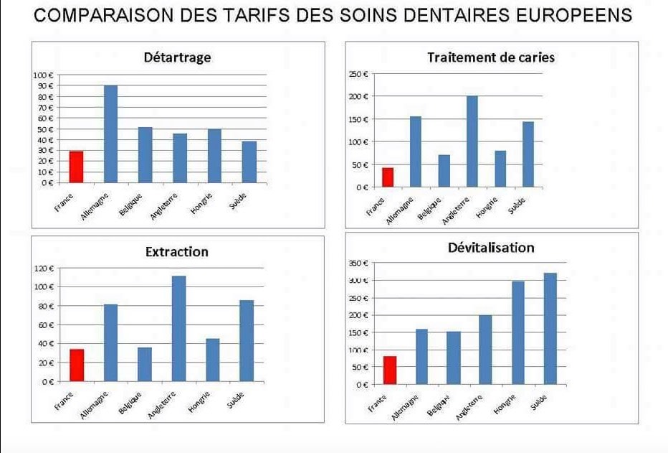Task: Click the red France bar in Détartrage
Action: point(76,167)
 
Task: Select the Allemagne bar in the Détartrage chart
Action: point(111,134)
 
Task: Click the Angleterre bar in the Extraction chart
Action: point(179,328)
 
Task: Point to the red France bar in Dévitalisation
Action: point(390,370)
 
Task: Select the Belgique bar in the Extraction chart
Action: point(145,364)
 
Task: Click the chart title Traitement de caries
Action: point(491,57)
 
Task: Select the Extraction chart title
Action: point(176,251)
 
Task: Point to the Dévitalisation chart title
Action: point(491,247)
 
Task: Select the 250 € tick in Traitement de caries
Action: point(358,74)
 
